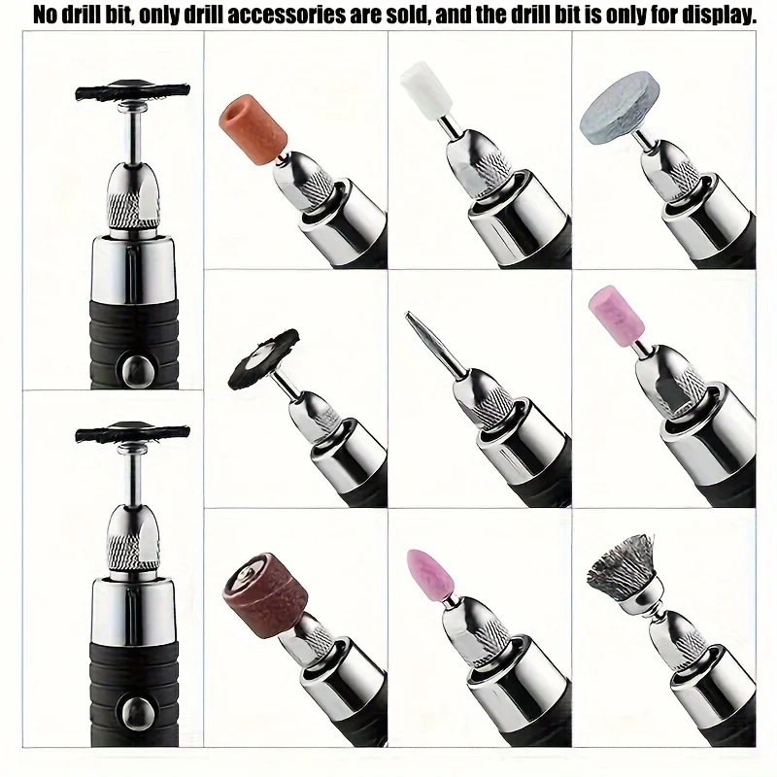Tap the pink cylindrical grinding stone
(615, 314)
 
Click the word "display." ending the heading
(714, 15)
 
